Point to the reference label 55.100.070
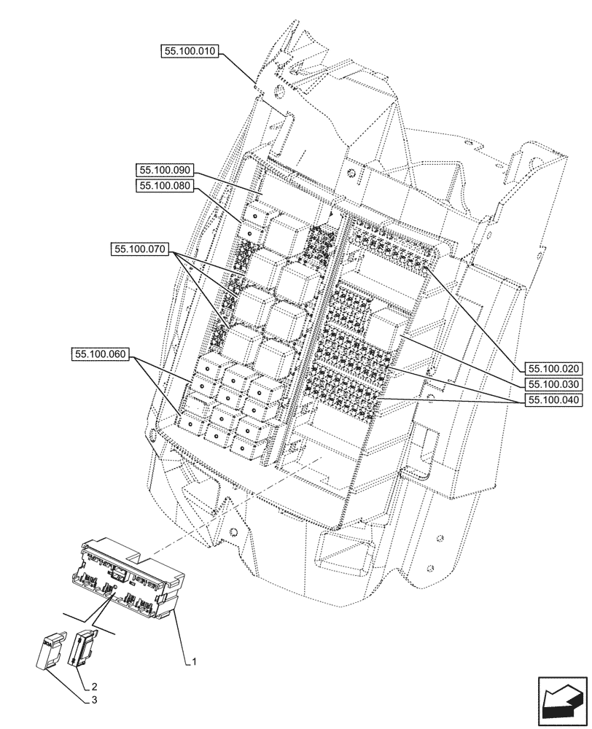(x=140, y=249)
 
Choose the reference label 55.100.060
(x=100, y=355)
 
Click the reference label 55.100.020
(x=552, y=368)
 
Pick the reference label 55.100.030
(x=552, y=384)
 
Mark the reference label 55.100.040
(x=552, y=401)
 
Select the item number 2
(x=94, y=686)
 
